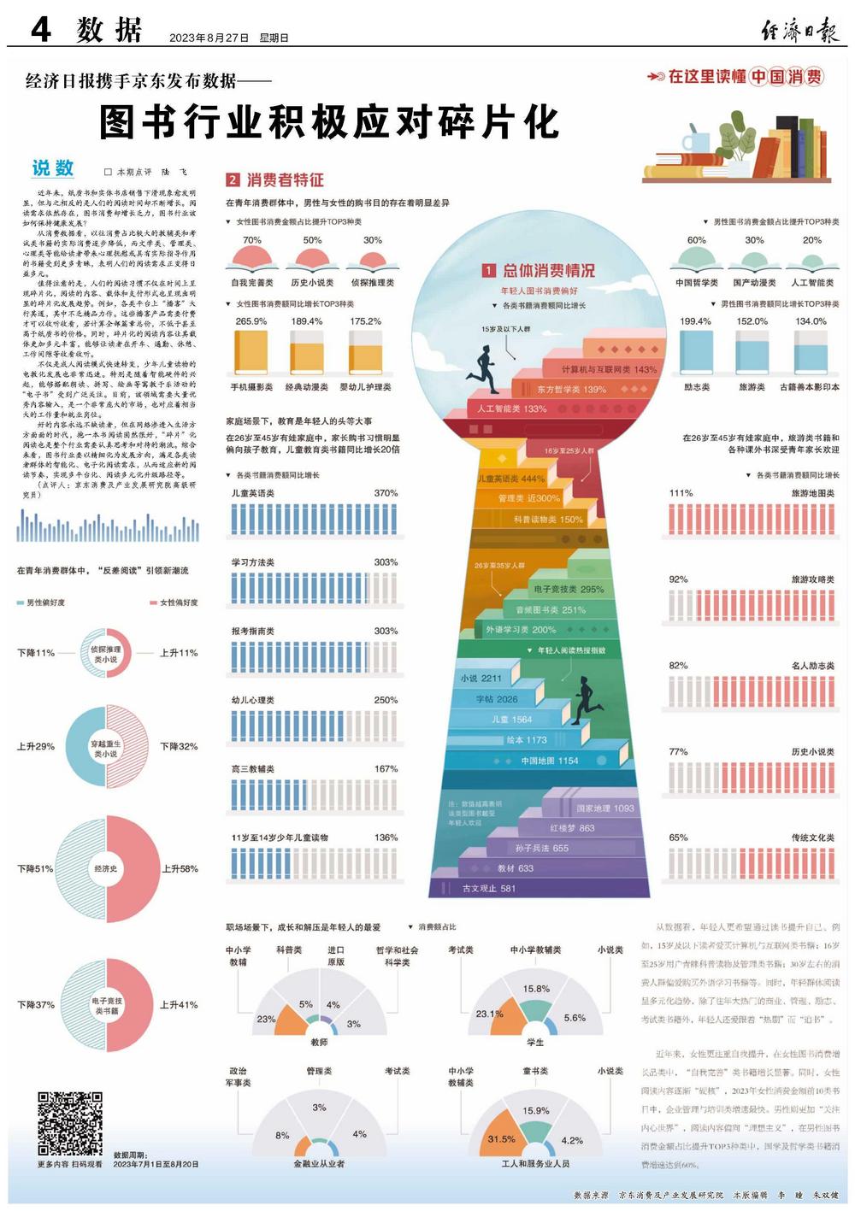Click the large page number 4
pos(40,31)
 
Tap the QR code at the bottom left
pos(70,1122)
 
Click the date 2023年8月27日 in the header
pos(209,38)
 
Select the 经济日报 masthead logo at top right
pos(800,32)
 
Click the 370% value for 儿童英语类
pos(386,493)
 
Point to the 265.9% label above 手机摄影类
pos(251,321)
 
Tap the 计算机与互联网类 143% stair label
pos(609,370)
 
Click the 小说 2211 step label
pos(481,679)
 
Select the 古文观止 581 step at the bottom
pos(489,888)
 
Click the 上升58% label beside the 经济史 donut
pos(180,868)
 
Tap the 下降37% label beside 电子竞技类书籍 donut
pos(36,1004)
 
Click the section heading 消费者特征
pos(286,179)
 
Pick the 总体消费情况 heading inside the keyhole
pos(548,271)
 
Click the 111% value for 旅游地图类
pos(681,493)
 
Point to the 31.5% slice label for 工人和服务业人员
pos(501,1138)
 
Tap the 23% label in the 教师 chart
pos(266,1019)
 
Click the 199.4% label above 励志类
pos(695,321)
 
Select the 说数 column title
pos(53,168)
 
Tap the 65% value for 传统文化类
pos(678,838)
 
